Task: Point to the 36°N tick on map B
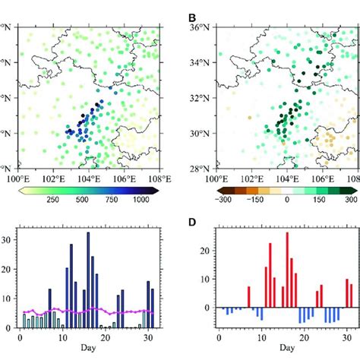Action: pyautogui.click(x=200, y=28)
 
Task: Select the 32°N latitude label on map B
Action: pyautogui.click(x=200, y=98)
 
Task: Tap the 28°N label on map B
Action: pyautogui.click(x=200, y=168)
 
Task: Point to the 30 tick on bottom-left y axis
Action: pyautogui.click(x=8, y=239)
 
